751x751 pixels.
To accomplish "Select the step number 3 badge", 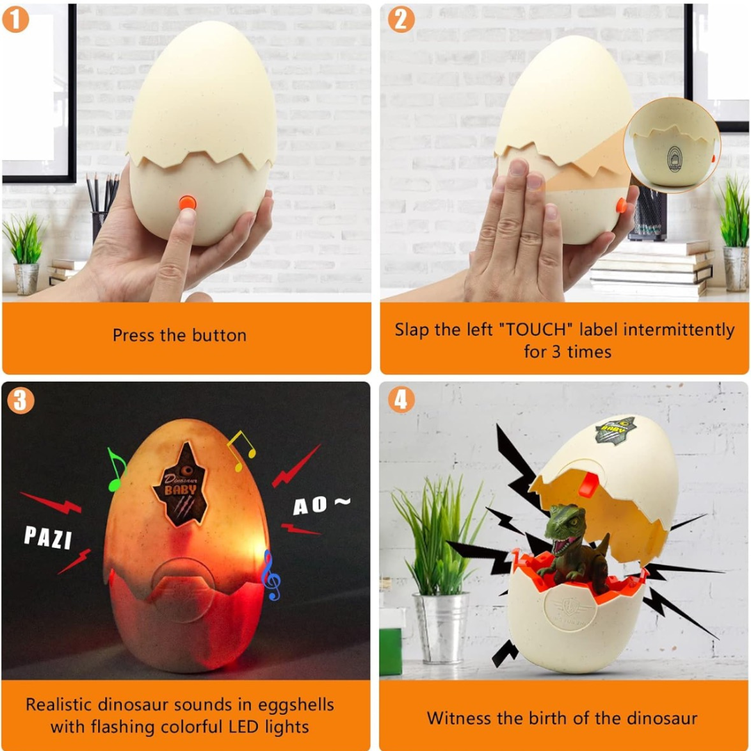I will click(20, 400).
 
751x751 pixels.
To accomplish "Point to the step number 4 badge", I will click(401, 400).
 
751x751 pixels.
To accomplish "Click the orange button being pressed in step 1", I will click(186, 202).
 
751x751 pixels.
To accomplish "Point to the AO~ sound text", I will click(321, 505).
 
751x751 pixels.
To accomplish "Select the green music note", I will click(115, 469).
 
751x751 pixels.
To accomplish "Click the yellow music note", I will click(241, 445).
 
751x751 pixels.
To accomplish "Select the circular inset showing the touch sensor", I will click(672, 145).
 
